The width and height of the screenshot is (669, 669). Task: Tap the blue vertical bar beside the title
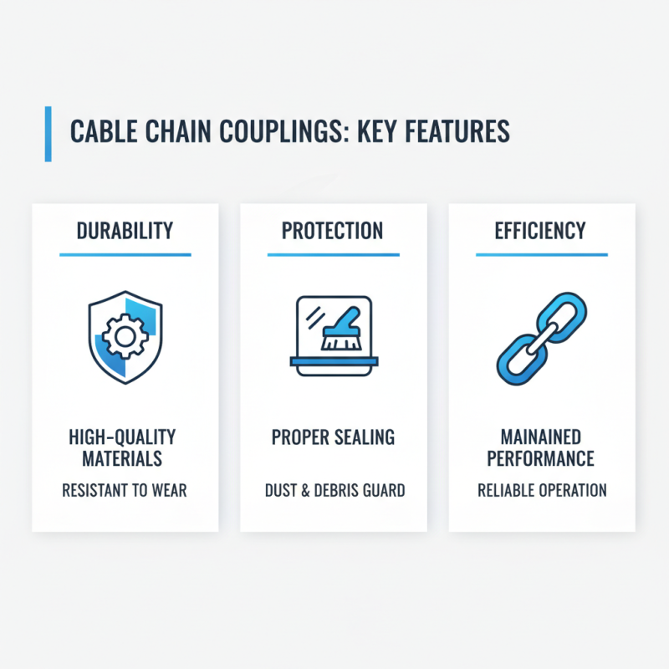click(x=48, y=134)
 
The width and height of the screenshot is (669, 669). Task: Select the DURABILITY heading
click(x=125, y=231)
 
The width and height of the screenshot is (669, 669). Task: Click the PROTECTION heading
click(x=333, y=231)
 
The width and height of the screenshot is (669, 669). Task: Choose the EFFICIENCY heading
click(x=541, y=231)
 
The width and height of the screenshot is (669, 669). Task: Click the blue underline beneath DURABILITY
click(x=125, y=255)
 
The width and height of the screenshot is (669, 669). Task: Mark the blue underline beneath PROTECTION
click(x=333, y=255)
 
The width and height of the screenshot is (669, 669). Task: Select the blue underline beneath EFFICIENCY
click(x=541, y=255)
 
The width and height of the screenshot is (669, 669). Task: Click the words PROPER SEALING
click(x=333, y=437)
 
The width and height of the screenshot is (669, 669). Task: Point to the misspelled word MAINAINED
click(x=541, y=437)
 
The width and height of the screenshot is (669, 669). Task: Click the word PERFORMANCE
click(x=541, y=459)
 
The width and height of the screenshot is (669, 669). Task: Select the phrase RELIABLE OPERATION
click(x=541, y=490)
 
